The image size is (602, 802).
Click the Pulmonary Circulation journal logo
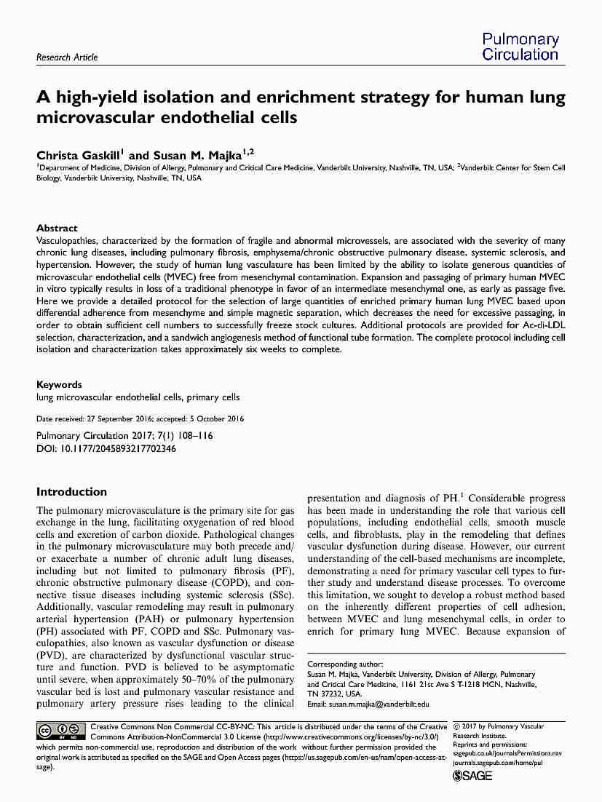click(520, 47)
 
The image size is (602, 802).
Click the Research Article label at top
click(66, 57)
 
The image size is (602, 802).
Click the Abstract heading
click(57, 228)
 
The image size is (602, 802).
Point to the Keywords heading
click(59, 384)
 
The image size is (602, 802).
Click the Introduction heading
click(71, 492)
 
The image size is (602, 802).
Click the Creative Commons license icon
click(61, 731)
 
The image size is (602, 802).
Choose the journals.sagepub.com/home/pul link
click(498, 763)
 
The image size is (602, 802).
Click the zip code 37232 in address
click(333, 694)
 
